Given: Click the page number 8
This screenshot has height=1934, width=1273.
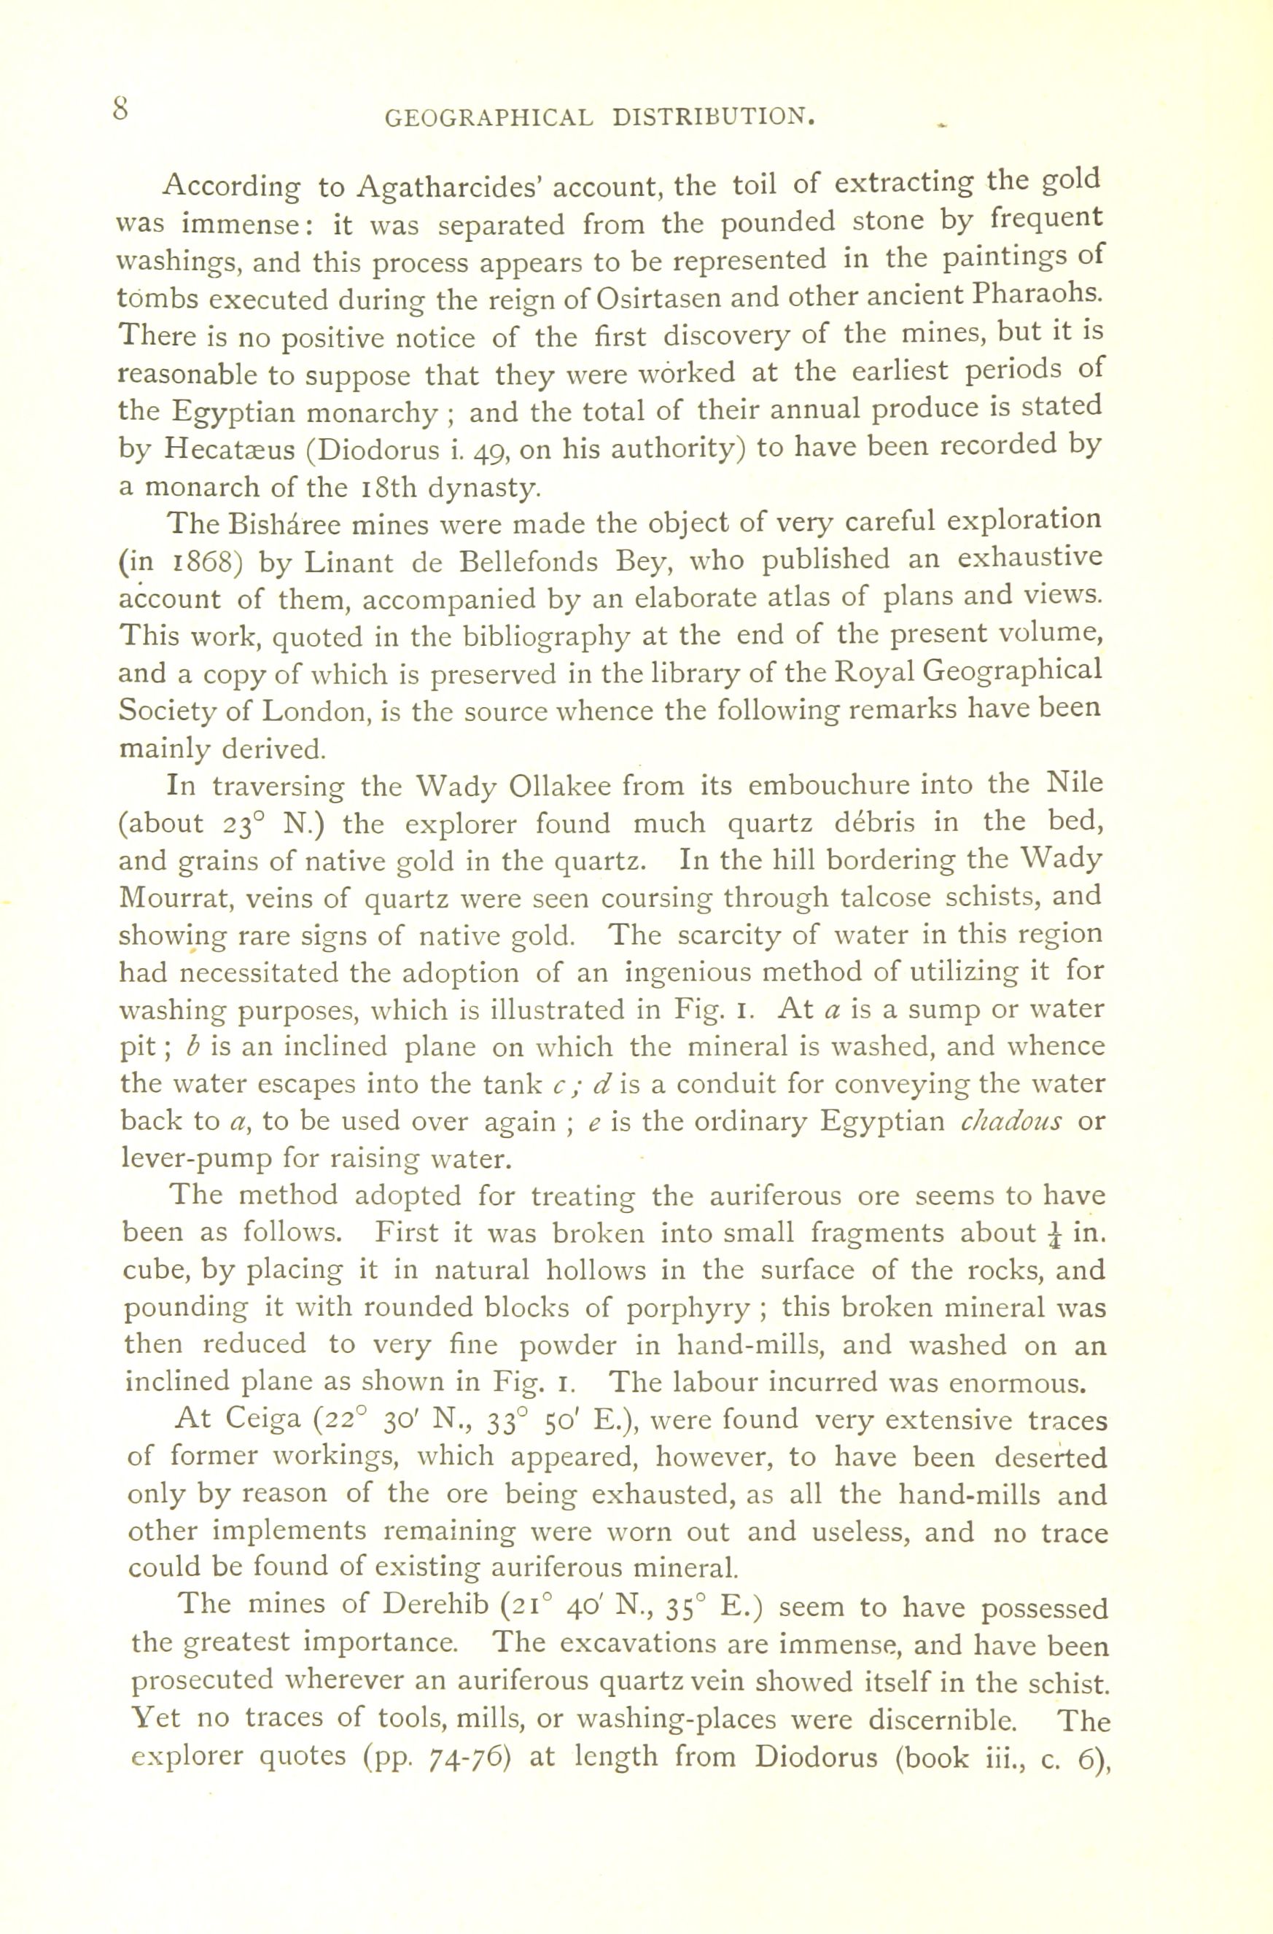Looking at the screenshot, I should coord(121,108).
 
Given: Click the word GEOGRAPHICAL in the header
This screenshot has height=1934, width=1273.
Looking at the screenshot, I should coord(488,119).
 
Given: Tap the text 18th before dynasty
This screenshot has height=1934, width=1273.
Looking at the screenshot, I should coord(380,488).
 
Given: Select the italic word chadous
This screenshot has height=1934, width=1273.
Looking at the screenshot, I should coord(1011,1121).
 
